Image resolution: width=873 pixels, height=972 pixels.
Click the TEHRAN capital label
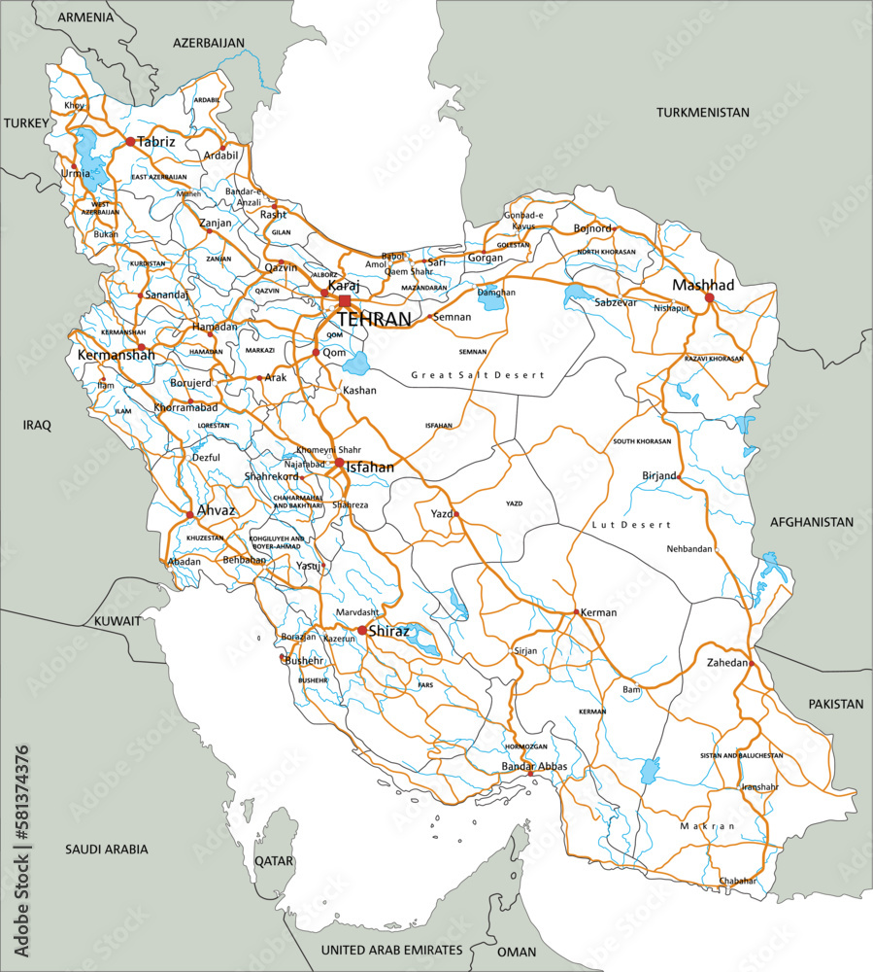374,319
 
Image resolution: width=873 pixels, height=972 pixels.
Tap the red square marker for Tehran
345,301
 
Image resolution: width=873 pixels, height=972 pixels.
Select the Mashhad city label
704,285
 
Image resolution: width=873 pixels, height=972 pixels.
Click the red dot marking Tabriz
130,142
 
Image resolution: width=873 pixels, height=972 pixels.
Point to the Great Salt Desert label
478,374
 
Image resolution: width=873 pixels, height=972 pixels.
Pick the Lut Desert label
631,525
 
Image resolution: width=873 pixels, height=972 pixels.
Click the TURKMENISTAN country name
703,113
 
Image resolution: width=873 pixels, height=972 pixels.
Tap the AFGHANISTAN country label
812,522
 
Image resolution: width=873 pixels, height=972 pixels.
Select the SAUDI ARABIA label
107,849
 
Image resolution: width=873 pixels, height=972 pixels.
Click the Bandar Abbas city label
534,767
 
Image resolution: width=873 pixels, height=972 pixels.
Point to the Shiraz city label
386,630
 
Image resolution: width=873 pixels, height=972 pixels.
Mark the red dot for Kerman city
577,612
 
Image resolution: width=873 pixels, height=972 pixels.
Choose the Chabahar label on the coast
738,881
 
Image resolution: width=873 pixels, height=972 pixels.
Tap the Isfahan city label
370,468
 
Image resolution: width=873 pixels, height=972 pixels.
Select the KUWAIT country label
118,621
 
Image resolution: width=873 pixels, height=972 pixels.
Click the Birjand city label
659,475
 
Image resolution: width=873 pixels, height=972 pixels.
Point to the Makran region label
708,826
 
